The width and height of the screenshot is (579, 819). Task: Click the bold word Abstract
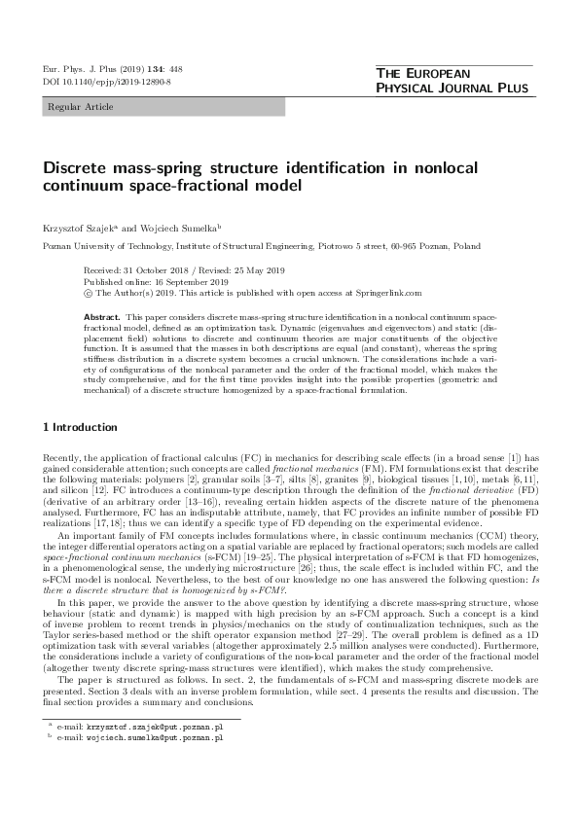(101, 318)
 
